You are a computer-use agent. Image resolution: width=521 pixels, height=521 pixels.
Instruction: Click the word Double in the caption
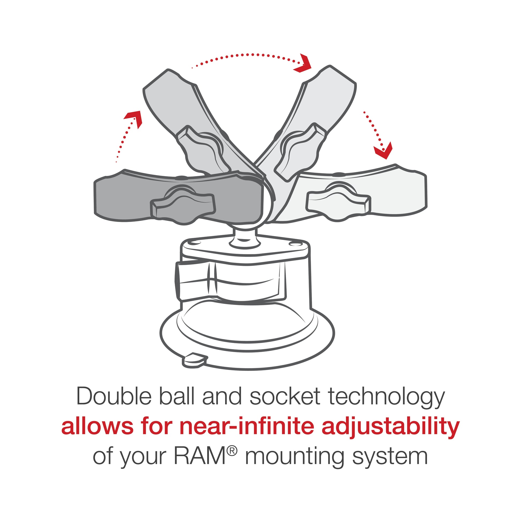point(114,397)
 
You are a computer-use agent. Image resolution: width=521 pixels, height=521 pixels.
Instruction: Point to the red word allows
point(97,426)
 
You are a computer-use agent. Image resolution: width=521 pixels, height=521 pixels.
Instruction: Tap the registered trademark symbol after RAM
point(232,450)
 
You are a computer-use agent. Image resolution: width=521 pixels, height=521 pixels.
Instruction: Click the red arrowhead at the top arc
point(303,64)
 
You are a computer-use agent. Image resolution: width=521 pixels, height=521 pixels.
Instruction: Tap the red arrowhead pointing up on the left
point(134,118)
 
